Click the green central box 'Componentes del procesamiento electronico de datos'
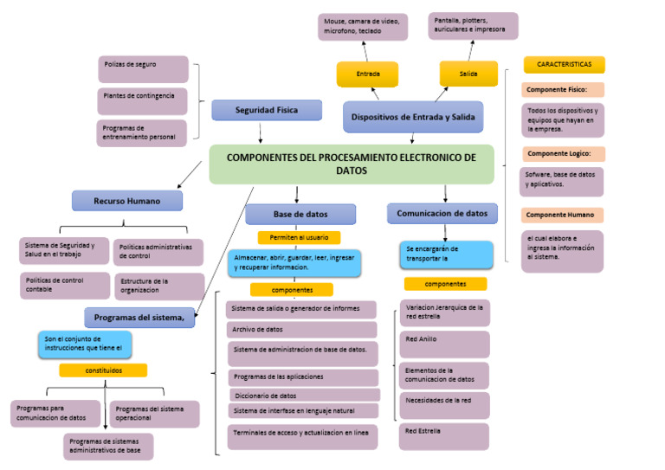tap(352, 164)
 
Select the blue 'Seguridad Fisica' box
tap(267, 110)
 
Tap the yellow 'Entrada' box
tap(367, 74)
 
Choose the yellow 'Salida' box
tap(468, 74)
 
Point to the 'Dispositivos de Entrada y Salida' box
tap(413, 117)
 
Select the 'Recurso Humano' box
tap(127, 201)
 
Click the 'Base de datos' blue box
tap(300, 214)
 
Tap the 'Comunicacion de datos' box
tap(442, 213)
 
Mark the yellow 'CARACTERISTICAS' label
tap(564, 65)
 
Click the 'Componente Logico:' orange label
tap(563, 154)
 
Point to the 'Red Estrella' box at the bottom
tap(444, 435)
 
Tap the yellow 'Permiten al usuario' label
tap(299, 237)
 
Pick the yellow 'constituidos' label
tap(103, 370)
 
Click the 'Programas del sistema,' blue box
tap(139, 318)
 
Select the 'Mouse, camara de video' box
tap(363, 26)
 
